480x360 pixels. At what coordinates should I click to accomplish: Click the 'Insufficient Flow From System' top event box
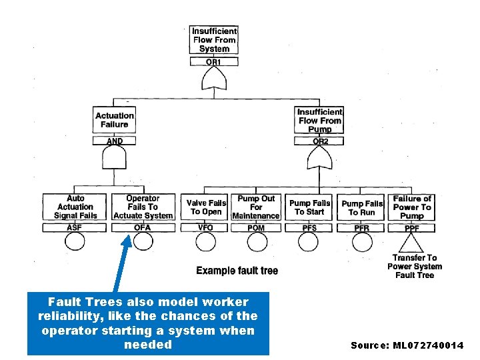[x=214, y=40]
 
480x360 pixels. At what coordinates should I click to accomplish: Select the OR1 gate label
[x=214, y=62]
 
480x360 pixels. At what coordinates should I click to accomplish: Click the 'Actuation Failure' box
[x=115, y=120]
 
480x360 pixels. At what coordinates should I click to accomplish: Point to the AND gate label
[x=115, y=141]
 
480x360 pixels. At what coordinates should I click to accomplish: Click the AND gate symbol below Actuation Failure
[x=115, y=159]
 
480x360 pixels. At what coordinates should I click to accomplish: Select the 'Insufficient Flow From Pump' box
[x=320, y=121]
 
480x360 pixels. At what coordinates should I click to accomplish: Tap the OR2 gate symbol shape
[x=320, y=159]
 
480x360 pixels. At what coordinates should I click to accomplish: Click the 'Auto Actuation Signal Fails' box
[x=75, y=207]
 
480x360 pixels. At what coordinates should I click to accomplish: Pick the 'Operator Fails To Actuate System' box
[x=143, y=207]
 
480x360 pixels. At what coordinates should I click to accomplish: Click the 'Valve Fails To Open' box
[x=206, y=207]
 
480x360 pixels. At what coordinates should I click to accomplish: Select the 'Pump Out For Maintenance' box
[x=256, y=207]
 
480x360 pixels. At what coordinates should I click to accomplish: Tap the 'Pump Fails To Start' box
[x=309, y=207]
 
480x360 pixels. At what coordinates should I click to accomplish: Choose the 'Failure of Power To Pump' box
[x=412, y=207]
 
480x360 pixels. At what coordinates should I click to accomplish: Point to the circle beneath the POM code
[x=257, y=241]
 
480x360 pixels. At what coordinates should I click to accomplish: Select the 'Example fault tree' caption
[x=237, y=271]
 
